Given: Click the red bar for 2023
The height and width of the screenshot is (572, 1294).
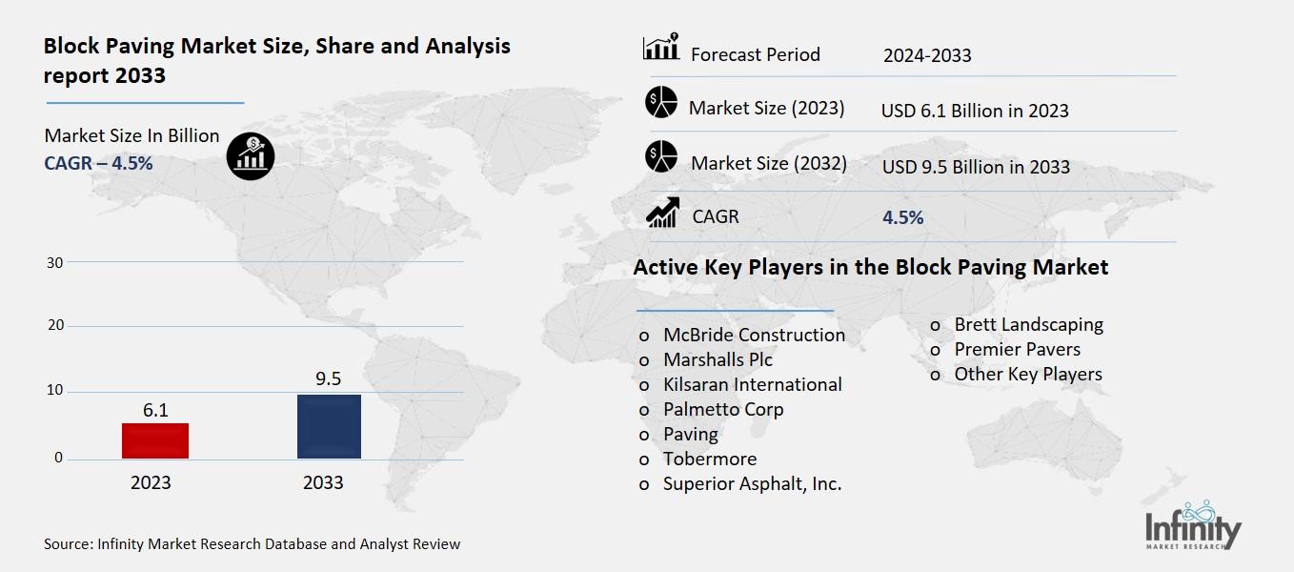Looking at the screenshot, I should click(x=155, y=440).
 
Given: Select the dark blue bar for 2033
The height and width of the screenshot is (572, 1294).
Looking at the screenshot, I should click(x=329, y=426).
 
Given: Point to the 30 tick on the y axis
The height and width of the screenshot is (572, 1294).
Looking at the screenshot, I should click(x=54, y=262).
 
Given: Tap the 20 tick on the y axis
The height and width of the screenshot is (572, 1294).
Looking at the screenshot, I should click(x=54, y=326).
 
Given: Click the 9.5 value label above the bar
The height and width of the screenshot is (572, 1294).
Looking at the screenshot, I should click(x=329, y=379).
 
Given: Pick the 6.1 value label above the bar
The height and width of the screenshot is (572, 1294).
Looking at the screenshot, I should click(x=155, y=410).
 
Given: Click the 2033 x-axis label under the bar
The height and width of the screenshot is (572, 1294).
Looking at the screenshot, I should click(x=323, y=482).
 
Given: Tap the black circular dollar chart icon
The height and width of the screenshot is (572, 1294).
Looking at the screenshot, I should click(x=251, y=154).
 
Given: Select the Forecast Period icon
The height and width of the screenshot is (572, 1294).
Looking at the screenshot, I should click(x=660, y=48).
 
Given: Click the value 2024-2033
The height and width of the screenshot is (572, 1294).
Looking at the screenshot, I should click(x=926, y=55).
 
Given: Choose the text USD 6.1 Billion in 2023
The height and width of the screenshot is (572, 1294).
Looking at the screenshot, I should click(x=974, y=111).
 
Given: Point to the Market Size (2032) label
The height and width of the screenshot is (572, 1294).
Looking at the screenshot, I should click(x=768, y=163).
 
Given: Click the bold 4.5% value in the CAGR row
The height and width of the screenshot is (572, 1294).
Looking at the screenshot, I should click(x=902, y=217).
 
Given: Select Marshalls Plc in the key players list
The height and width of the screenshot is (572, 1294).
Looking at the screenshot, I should click(x=718, y=359).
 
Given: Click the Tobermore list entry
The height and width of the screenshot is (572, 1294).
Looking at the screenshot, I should click(x=710, y=459).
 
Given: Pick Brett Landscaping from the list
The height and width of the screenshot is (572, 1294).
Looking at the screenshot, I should click(x=1028, y=324).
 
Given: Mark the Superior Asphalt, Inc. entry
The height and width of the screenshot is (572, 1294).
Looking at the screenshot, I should click(x=752, y=483).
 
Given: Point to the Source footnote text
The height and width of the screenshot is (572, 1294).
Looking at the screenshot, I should click(x=252, y=544).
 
